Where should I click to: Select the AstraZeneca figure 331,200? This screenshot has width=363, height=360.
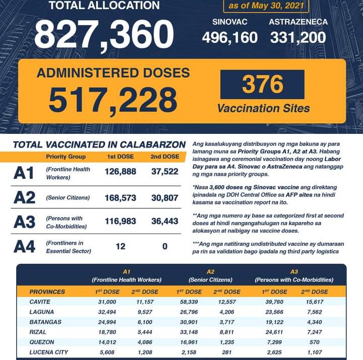(x=298, y=38)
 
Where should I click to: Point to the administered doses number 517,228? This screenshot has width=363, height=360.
(x=113, y=100)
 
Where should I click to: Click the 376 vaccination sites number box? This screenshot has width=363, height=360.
(x=262, y=85)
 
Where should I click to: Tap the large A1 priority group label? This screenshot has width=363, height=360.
(x=24, y=173)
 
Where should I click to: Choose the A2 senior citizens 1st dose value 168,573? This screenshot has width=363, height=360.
(x=120, y=198)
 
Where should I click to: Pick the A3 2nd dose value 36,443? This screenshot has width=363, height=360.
(x=164, y=222)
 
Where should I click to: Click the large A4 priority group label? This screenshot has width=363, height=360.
(x=24, y=247)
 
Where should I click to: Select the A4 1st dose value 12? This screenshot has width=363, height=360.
(x=120, y=247)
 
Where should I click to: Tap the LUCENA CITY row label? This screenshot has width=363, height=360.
(x=48, y=352)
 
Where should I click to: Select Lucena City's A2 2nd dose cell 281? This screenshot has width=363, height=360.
(x=226, y=352)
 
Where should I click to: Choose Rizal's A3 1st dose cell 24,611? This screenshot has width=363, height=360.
(x=275, y=332)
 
